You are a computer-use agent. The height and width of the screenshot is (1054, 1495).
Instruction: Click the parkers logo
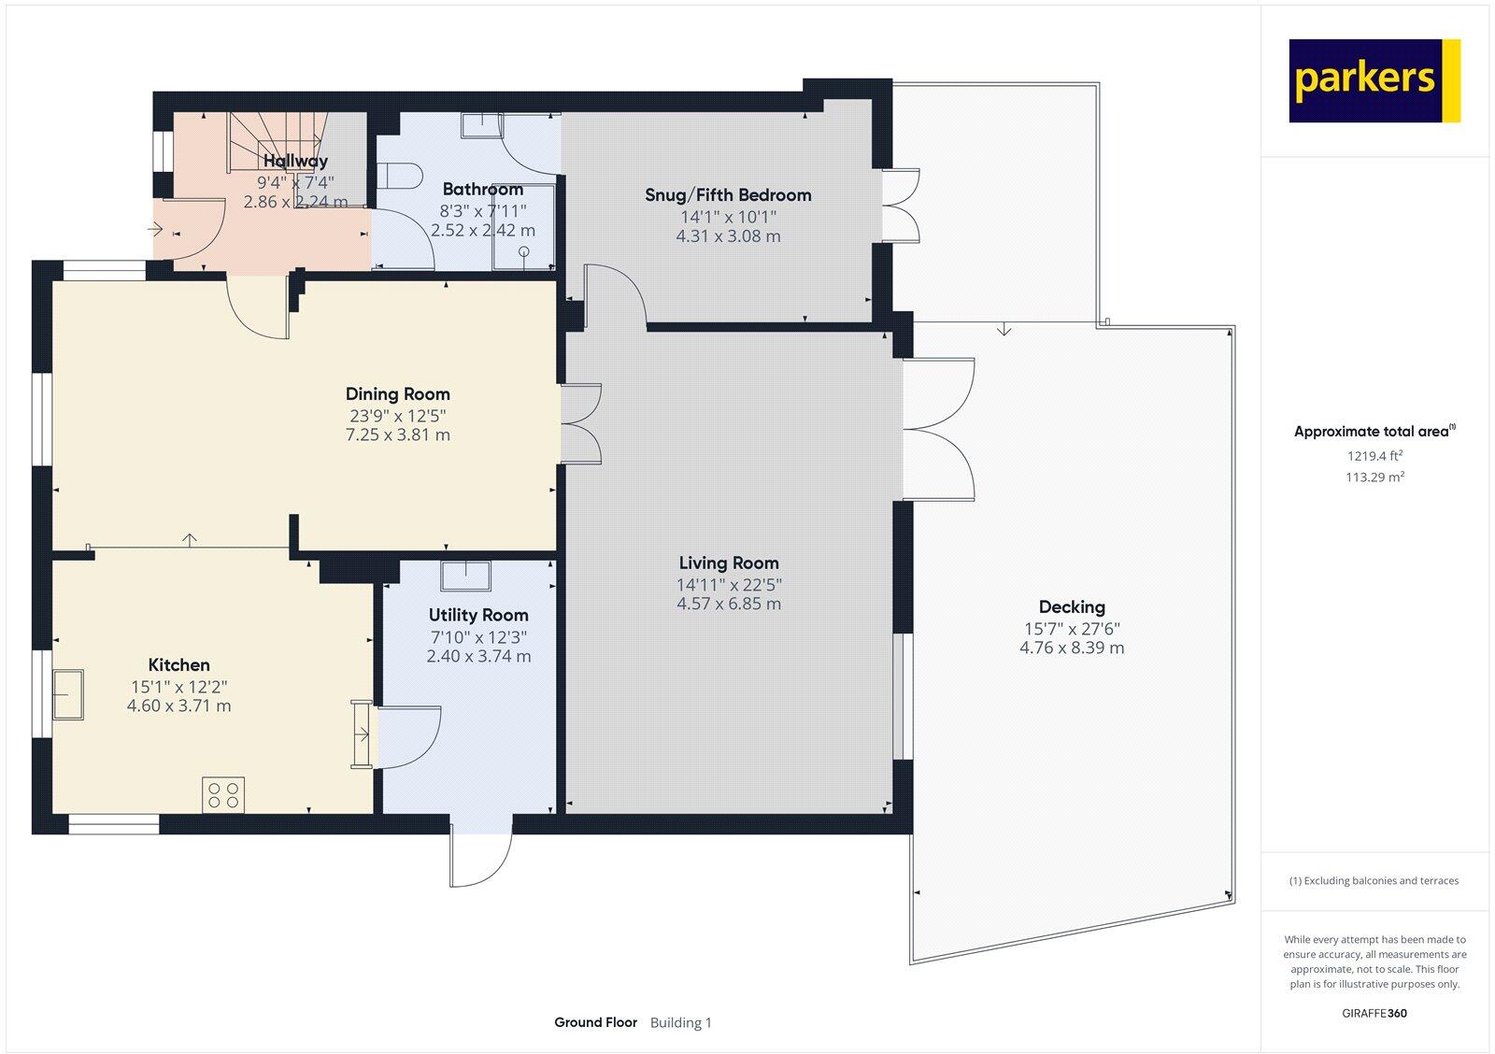[1374, 80]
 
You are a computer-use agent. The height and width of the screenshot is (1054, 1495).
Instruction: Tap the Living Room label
[729, 563]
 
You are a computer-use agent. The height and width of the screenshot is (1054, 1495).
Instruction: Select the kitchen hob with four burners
[224, 795]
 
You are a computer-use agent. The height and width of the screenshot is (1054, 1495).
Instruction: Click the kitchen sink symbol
[68, 694]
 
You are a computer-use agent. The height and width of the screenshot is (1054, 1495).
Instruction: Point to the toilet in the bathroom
[403, 175]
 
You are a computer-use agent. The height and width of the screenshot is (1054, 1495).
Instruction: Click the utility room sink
[466, 576]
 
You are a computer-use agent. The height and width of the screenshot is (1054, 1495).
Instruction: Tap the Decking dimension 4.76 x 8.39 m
[1072, 648]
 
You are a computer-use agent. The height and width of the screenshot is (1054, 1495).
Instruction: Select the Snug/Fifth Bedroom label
[728, 195]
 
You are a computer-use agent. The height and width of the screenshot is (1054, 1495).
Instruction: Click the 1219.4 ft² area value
[1374, 457]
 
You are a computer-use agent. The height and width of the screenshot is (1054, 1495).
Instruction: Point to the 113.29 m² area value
[1374, 477]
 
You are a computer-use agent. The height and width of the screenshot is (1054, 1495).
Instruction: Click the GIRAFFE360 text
[1374, 1013]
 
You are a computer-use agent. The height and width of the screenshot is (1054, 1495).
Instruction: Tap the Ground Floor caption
[595, 1022]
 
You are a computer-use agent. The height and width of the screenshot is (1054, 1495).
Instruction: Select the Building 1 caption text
[681, 1023]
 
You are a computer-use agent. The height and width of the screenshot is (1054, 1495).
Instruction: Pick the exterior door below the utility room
[481, 855]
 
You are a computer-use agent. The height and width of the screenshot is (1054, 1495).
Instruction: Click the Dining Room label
[398, 394]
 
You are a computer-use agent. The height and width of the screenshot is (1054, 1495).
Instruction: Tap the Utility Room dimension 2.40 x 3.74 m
[478, 657]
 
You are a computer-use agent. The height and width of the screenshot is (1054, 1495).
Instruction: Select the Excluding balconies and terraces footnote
[1374, 880]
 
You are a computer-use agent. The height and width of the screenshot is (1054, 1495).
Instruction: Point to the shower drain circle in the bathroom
[524, 251]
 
